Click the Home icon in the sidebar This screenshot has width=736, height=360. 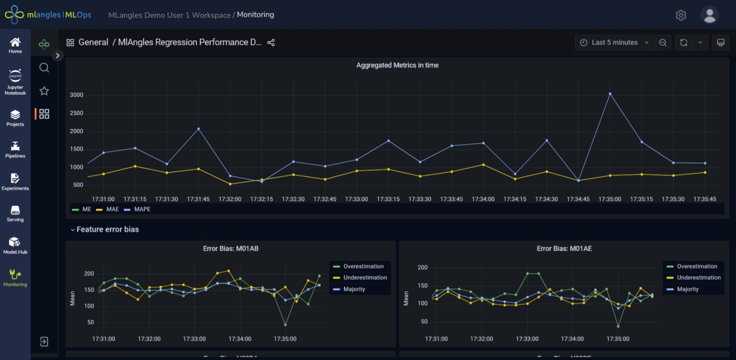point(15,45)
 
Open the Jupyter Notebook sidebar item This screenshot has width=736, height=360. point(15,82)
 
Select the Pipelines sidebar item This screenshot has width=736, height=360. point(15,150)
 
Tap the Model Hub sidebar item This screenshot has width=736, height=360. point(15,245)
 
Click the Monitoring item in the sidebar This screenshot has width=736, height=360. point(15,278)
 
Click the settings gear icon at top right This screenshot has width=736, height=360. point(681,15)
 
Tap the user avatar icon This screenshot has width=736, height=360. point(709,15)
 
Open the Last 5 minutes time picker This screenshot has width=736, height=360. point(614,42)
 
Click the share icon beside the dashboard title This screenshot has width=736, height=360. point(271,42)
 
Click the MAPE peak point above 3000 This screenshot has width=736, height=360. point(610,94)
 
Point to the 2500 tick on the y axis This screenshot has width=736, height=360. point(76,113)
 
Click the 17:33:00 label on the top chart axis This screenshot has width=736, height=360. point(356,199)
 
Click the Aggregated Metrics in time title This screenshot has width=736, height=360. point(397,65)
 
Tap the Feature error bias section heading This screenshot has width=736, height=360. point(107,229)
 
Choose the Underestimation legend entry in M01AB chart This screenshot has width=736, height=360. point(365,278)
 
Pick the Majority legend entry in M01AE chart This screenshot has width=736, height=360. point(687,289)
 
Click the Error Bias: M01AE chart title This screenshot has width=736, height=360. point(564,249)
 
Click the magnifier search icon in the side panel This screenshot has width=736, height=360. point(44,68)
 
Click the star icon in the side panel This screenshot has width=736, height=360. point(44,91)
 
